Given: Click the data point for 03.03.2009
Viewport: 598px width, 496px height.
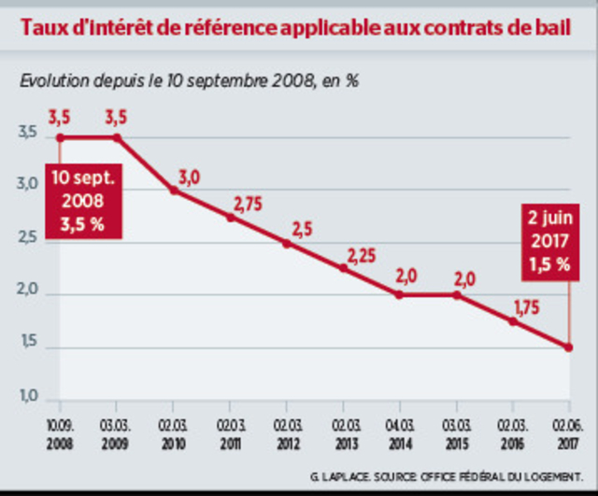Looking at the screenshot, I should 117,137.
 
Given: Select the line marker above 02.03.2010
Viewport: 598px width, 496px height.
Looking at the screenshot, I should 174,191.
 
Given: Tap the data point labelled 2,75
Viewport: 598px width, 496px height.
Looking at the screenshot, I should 230,217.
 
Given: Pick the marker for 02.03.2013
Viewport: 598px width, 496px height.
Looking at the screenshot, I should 343,268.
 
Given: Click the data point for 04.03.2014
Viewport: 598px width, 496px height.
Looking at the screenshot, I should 399,294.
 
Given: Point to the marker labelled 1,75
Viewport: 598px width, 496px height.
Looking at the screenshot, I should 512,321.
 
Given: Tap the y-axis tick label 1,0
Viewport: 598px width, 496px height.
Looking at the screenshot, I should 29,399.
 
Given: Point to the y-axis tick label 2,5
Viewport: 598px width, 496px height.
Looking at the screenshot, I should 29,240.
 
